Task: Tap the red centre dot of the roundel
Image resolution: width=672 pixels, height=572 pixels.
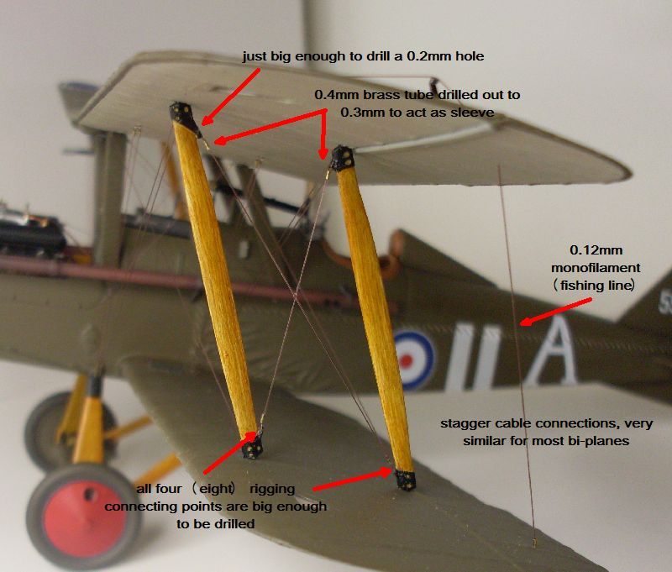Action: [x=406, y=360]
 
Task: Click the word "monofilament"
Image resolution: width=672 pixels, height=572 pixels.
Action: [x=596, y=268]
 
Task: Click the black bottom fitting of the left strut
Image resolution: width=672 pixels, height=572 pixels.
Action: [x=253, y=447]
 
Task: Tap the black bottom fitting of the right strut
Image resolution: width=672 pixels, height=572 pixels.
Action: [x=405, y=480]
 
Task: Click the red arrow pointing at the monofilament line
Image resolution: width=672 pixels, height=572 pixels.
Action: [x=555, y=312]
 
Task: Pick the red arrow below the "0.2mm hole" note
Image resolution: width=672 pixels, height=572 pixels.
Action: [x=230, y=97]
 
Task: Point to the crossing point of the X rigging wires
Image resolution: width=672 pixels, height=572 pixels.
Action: [x=295, y=296]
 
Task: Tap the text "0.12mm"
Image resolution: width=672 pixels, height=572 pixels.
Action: [x=596, y=250]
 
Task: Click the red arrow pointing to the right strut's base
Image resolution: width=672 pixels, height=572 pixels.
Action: [x=352, y=480]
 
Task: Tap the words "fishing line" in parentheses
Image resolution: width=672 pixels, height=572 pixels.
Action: [x=596, y=286]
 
